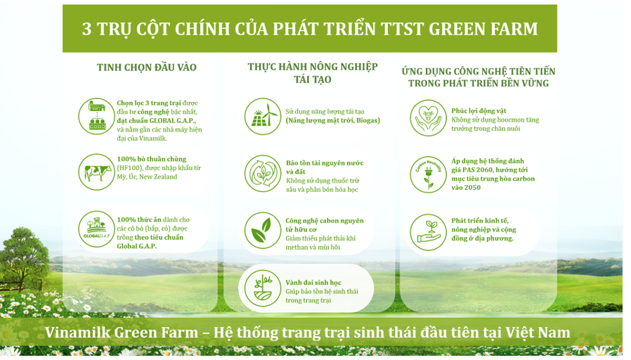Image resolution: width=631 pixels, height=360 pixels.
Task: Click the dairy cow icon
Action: [96, 172]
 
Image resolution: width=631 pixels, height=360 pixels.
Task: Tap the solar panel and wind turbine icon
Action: [263, 117]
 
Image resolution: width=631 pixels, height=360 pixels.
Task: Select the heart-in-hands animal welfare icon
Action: [428, 118]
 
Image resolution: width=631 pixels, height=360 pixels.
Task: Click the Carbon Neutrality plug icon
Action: [428, 175]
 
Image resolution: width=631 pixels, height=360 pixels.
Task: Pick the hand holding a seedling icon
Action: [428, 232]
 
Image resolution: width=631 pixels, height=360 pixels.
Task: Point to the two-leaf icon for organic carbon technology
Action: [263, 231]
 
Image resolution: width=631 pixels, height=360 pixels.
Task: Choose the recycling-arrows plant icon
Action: [263, 174]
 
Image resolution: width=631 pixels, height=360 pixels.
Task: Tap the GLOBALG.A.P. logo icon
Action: [96, 229]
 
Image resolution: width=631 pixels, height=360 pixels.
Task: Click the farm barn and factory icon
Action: [96, 117]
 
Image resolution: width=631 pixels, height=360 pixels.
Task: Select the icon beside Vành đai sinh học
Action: [263, 288]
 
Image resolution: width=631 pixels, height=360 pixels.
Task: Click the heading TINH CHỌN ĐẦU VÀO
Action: [146, 67]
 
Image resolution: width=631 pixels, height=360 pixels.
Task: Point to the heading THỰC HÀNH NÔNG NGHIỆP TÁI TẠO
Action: [313, 73]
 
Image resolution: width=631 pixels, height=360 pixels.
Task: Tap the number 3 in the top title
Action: [86, 29]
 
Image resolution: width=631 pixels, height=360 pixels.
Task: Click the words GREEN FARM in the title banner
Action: [483, 29]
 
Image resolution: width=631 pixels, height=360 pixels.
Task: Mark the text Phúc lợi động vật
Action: [479, 111]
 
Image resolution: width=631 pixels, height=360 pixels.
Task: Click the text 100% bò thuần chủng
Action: [152, 159]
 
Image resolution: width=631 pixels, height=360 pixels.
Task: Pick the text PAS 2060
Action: [481, 170]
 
